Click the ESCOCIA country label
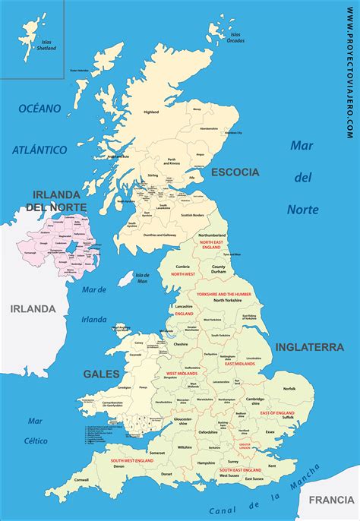236,172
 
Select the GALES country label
100,374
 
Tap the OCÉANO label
39,109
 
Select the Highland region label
151,112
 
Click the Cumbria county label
182,267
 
